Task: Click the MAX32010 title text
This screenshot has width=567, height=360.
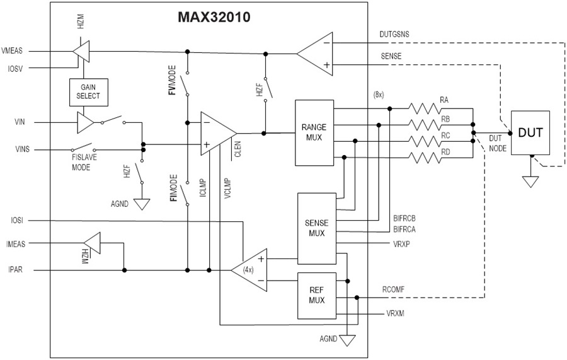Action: click(x=214, y=18)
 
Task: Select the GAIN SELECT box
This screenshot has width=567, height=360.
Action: click(x=86, y=92)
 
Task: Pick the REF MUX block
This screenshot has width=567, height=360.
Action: click(x=316, y=296)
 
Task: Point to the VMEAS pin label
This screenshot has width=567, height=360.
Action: click(x=15, y=51)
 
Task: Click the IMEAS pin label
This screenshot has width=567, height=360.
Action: click(x=14, y=243)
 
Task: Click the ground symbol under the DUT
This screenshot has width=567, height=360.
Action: click(x=531, y=182)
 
